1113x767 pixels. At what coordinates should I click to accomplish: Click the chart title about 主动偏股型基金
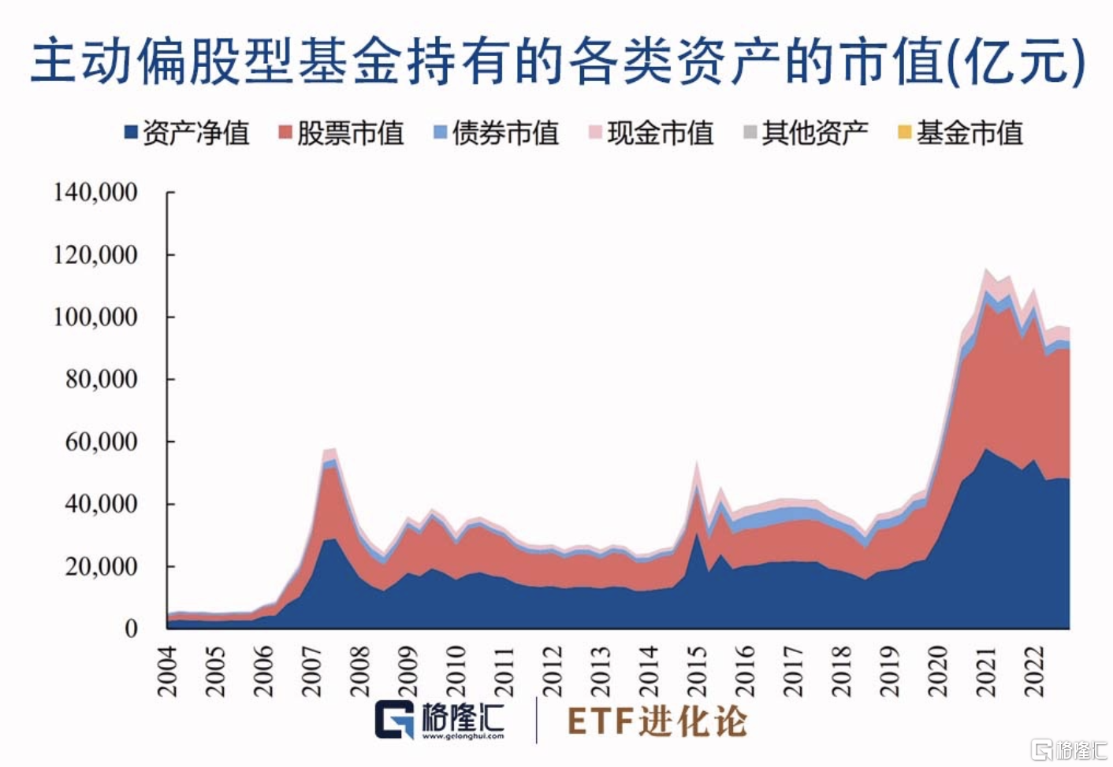click(556, 62)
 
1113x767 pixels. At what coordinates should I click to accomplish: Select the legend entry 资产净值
click(187, 133)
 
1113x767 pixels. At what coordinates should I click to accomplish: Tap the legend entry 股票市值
click(341, 133)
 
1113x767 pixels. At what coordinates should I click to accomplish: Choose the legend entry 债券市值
click(496, 133)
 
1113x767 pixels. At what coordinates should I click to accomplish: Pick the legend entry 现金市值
click(651, 133)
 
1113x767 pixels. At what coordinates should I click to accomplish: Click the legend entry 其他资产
click(806, 133)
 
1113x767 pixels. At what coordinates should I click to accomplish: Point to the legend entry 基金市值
click(960, 133)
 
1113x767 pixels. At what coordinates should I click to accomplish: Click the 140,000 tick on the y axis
click(95, 192)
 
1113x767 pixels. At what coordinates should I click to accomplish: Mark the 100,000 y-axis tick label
click(95, 317)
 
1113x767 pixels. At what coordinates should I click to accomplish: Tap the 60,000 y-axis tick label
click(101, 442)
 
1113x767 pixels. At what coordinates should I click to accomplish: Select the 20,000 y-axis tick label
click(101, 566)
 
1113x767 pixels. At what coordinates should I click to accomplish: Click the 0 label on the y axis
click(131, 628)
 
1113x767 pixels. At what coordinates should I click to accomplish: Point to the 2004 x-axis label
click(168, 672)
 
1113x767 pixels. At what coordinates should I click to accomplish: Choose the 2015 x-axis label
click(697, 672)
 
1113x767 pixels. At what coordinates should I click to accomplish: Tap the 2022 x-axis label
click(1033, 672)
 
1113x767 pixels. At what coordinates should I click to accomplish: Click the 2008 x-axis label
click(360, 672)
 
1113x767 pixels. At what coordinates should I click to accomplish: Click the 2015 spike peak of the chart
click(697, 465)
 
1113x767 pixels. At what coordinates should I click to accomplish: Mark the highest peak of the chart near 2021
click(985, 270)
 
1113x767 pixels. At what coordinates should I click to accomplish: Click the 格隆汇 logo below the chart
click(439, 720)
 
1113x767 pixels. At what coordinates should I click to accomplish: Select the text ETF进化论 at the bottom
click(657, 721)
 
